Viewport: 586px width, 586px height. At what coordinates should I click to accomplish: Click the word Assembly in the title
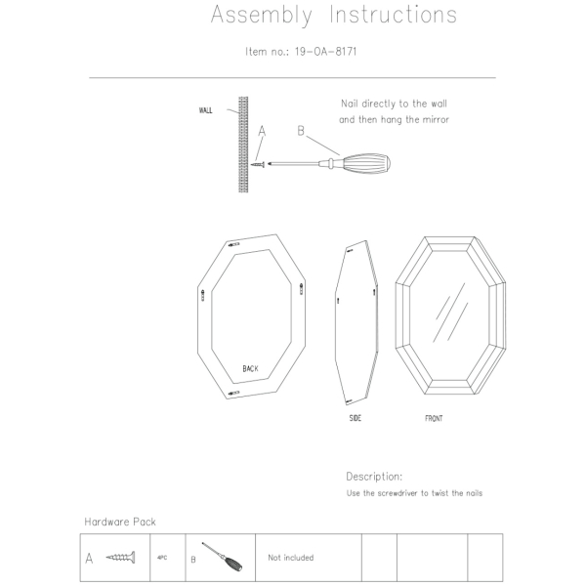coord(261,16)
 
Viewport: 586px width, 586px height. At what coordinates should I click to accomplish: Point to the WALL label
coord(205,110)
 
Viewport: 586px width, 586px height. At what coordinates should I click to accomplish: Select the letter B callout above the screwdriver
coord(301,130)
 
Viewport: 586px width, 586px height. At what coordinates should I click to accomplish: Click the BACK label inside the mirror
coord(251,368)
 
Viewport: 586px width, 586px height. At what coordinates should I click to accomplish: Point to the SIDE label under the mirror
coord(356,418)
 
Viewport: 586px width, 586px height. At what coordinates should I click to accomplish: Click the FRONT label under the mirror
coord(434,418)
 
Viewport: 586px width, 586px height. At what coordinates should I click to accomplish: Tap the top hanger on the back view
coord(235,243)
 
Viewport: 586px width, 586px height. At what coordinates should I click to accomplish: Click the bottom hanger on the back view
coord(234,392)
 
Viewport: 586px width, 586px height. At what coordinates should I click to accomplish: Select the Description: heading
coord(374,477)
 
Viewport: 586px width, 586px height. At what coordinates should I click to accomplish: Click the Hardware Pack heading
coord(119,522)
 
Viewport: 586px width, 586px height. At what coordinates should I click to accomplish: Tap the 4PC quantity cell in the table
coord(162,558)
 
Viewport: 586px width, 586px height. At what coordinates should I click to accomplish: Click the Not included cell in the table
coord(290,558)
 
